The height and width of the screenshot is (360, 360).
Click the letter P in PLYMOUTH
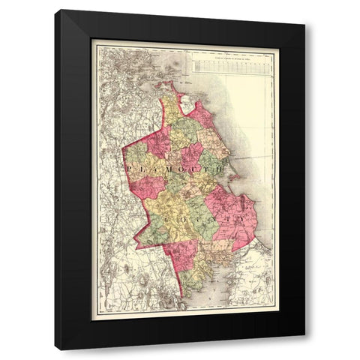[x=129, y=170]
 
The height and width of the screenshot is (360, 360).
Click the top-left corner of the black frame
[x=56, y=10]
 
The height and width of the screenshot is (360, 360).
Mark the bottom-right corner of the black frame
[x=304, y=349]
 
